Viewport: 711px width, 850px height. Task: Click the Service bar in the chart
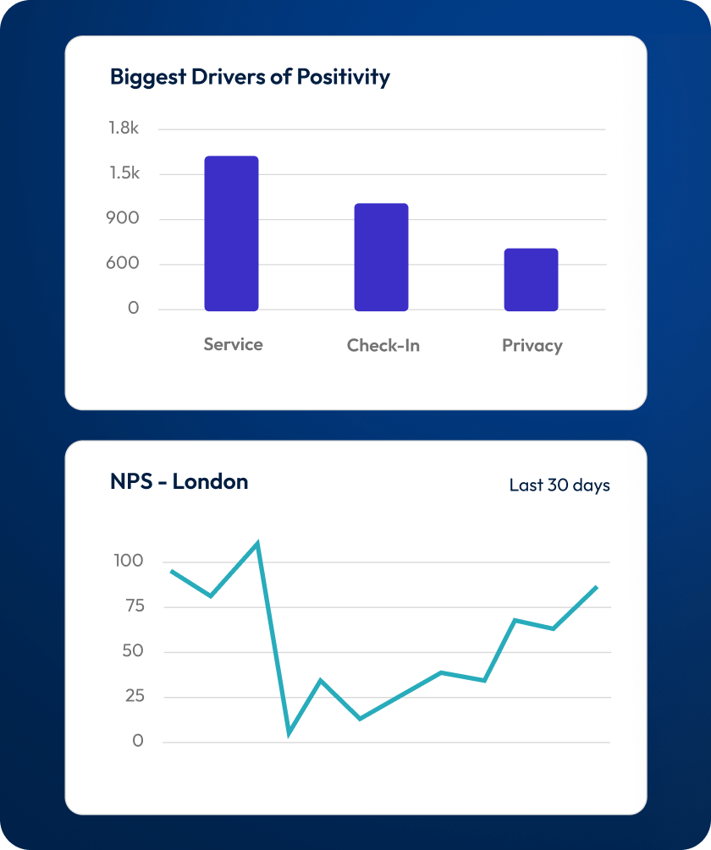click(231, 233)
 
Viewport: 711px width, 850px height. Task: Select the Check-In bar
click(381, 257)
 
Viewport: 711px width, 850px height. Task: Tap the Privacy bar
click(531, 279)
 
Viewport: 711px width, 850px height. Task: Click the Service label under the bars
click(233, 344)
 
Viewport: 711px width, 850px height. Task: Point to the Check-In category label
click(383, 345)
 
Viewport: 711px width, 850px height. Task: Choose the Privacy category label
click(532, 345)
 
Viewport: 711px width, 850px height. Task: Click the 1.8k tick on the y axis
click(123, 129)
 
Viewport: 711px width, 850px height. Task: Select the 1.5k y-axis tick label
click(123, 173)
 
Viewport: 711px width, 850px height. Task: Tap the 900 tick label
click(124, 218)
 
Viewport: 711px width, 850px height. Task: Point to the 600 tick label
click(124, 263)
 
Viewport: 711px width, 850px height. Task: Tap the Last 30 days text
click(559, 485)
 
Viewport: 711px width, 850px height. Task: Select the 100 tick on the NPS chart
click(128, 561)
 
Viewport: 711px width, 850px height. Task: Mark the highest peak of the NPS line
click(257, 543)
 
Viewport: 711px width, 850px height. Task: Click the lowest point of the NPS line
click(289, 733)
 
